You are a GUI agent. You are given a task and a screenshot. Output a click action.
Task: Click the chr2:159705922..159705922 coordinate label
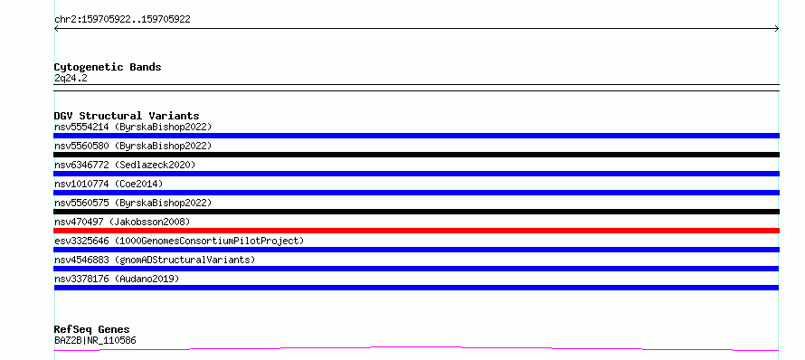pyautogui.click(x=122, y=20)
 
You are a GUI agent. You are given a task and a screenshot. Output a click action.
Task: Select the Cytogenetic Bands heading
pyautogui.click(x=108, y=67)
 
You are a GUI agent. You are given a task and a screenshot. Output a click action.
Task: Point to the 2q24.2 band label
pyautogui.click(x=71, y=78)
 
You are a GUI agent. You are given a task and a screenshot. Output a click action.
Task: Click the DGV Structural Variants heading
pyautogui.click(x=127, y=116)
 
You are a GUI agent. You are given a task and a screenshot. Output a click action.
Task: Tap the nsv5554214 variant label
pyautogui.click(x=133, y=127)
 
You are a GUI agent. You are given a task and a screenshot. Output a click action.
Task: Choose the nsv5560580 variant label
pyautogui.click(x=133, y=146)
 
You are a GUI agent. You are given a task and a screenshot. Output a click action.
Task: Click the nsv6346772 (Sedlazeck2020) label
pyautogui.click(x=125, y=165)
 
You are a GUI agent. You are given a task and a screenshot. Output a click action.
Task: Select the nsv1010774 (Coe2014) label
pyautogui.click(x=109, y=184)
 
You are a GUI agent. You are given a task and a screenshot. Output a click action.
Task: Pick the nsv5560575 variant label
pyautogui.click(x=133, y=203)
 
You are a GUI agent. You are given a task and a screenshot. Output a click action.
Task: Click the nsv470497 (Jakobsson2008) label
pyautogui.click(x=122, y=222)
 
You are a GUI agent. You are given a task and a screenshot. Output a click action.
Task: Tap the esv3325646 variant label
pyautogui.click(x=179, y=241)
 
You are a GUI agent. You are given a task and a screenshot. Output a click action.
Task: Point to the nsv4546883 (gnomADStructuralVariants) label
pyautogui.click(x=155, y=260)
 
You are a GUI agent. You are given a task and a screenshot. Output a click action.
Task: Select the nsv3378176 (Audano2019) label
pyautogui.click(x=117, y=279)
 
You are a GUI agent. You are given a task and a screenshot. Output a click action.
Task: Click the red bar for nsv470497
pyautogui.click(x=416, y=231)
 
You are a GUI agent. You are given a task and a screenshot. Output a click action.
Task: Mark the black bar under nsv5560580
pyautogui.click(x=416, y=155)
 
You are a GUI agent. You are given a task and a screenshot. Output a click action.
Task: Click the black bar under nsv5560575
pyautogui.click(x=416, y=212)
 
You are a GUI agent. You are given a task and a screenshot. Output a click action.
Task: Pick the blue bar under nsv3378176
pyautogui.click(x=416, y=288)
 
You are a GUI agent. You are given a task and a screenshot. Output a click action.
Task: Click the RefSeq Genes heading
pyautogui.click(x=92, y=330)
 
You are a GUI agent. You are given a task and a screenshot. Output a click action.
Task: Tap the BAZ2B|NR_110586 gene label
pyautogui.click(x=95, y=340)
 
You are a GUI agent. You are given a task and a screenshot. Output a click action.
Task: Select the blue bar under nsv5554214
pyautogui.click(x=416, y=136)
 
